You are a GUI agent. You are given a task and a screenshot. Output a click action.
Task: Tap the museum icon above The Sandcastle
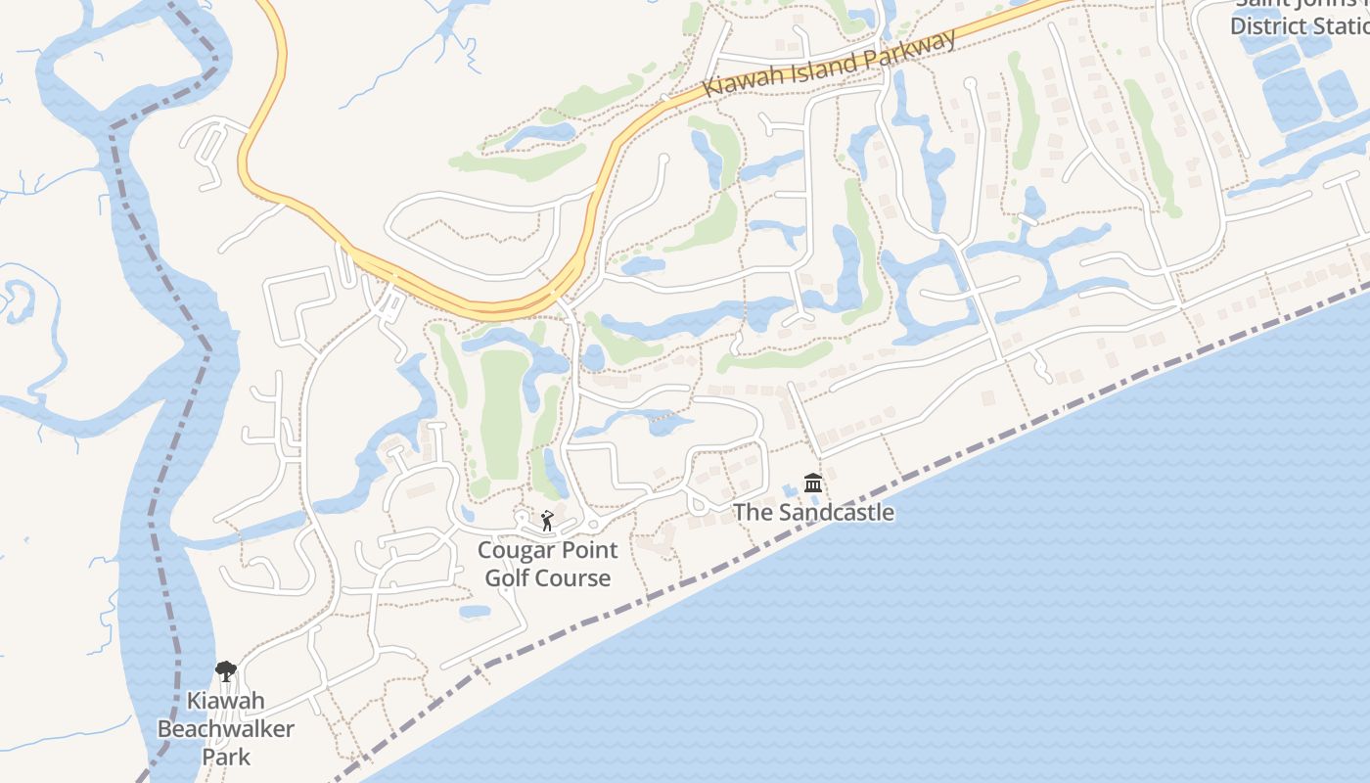click(812, 484)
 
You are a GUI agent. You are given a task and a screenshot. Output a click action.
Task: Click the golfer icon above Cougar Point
click(547, 521)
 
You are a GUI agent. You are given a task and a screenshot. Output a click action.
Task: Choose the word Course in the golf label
click(576, 577)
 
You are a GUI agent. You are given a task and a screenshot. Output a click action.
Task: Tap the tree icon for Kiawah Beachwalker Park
click(226, 671)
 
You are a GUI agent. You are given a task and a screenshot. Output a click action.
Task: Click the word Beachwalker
click(226, 729)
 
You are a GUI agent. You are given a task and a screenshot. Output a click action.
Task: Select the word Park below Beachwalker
click(226, 757)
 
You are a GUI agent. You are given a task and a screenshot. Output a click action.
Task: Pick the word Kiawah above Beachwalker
click(226, 702)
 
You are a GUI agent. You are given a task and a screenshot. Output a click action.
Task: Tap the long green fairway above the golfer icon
click(503, 411)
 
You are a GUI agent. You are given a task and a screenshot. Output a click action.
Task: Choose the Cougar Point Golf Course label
click(548, 564)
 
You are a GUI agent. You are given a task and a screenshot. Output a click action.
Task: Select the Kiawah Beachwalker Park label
click(226, 729)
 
